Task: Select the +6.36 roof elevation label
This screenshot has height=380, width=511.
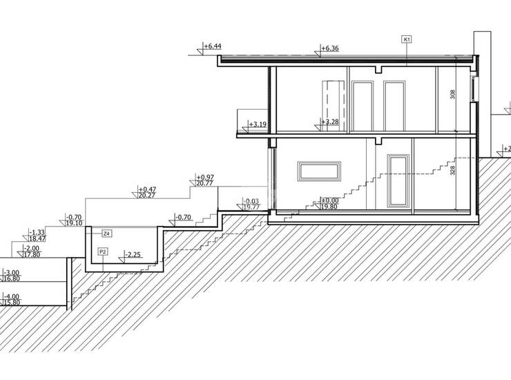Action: (331, 49)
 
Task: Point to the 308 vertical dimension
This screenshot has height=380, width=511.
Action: (453, 95)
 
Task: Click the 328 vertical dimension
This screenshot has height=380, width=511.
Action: (453, 171)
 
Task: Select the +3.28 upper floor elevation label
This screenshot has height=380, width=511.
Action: (331, 122)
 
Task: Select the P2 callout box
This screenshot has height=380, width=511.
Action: (103, 251)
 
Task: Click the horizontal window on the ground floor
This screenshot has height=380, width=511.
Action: (320, 171)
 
